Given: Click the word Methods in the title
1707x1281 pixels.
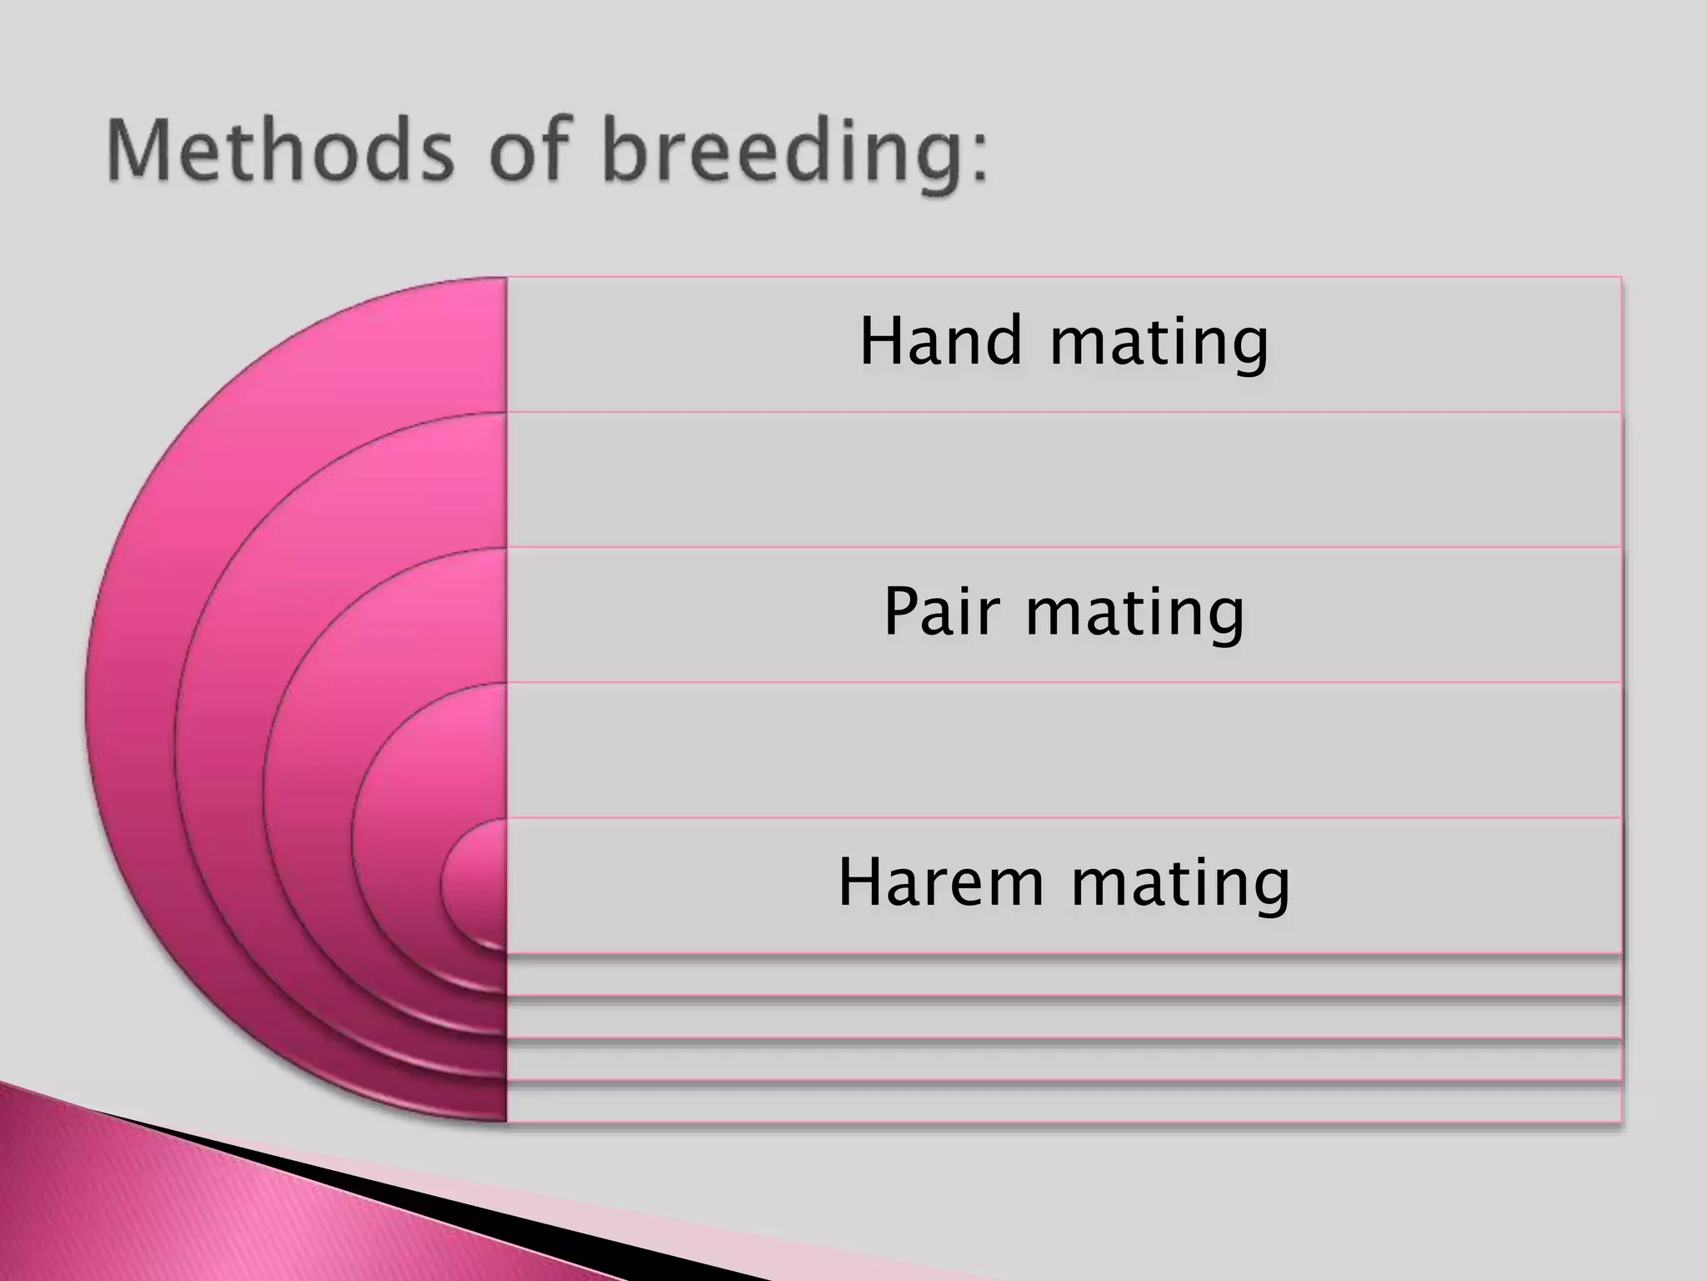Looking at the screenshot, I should coord(279,152).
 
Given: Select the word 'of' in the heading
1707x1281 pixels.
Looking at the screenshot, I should coord(529,152).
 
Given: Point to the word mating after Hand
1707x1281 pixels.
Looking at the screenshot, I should coord(1159,344).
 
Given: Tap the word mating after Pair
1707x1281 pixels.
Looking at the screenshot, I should coord(1134,615).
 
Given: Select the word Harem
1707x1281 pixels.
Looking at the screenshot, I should coord(941,882).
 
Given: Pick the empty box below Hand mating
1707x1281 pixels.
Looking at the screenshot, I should coord(1064,480).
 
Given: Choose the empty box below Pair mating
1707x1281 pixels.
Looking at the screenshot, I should coord(1064,750).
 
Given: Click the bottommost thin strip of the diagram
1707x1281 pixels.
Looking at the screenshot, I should coord(1064,1103).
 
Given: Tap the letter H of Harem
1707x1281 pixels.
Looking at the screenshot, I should coord(859,882).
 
